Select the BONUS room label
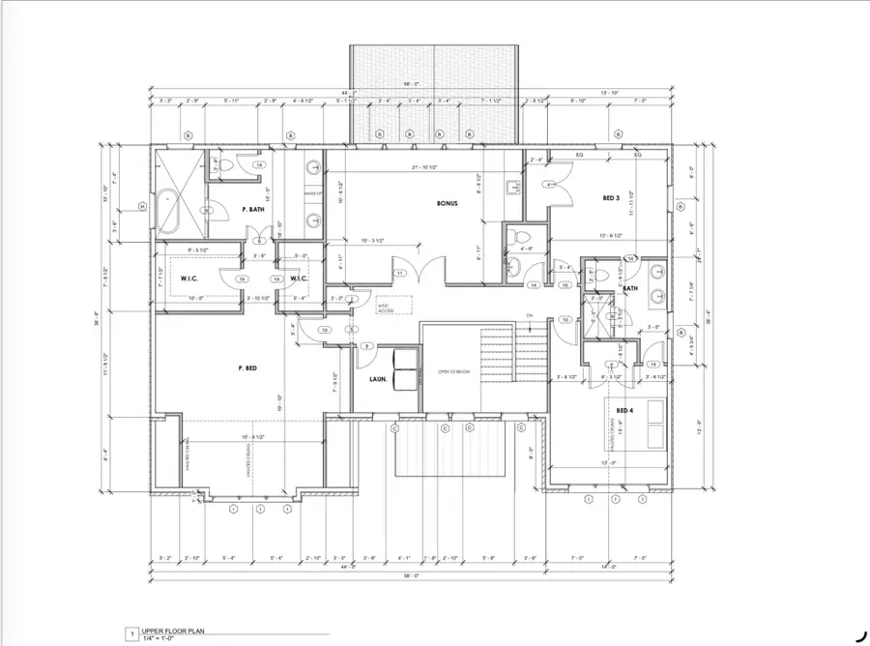[x=445, y=204]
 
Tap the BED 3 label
[x=610, y=197]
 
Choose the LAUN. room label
[x=378, y=380]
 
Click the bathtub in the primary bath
[x=170, y=207]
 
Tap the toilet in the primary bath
[x=224, y=166]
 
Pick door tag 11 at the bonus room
[x=399, y=274]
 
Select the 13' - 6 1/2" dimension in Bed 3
[x=616, y=234]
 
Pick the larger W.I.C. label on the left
[x=188, y=279]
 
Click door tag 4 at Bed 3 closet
[x=548, y=184]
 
